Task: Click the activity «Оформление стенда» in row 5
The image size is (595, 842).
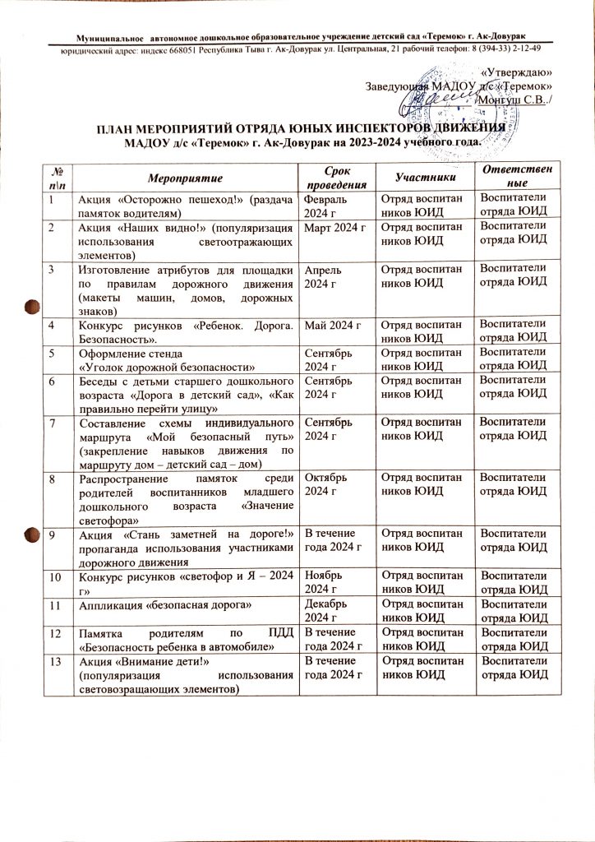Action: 124,354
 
